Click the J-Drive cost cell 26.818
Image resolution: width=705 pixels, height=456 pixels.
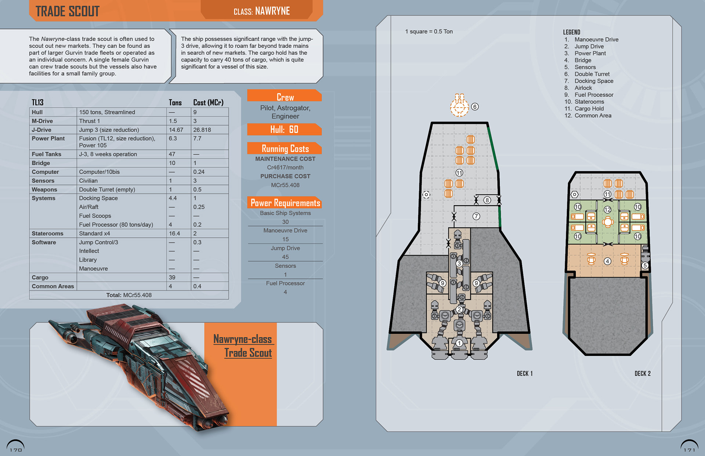[x=203, y=130]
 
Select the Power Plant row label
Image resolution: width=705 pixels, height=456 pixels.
[x=48, y=138]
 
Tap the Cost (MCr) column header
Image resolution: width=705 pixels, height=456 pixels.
[x=208, y=102]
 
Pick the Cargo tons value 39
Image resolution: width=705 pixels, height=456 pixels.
[x=172, y=278]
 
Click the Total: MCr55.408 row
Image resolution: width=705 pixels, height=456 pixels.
[x=129, y=295]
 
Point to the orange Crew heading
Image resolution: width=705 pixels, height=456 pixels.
[x=285, y=97]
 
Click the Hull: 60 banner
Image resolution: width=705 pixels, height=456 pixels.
[x=285, y=129]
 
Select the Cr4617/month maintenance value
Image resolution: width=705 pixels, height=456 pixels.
[x=285, y=167]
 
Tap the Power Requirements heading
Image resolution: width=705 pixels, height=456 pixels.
[x=285, y=203]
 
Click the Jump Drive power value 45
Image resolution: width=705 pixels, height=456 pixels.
[x=285, y=257]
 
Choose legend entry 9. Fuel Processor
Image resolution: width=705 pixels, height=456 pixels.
[x=589, y=95]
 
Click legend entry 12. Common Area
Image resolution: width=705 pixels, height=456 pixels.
[x=588, y=116]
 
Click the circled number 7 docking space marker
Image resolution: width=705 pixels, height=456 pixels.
[x=476, y=216]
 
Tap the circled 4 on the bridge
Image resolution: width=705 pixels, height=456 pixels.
[x=608, y=261]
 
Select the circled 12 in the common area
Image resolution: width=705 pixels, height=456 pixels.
[x=608, y=210]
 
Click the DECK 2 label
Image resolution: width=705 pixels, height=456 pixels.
[x=643, y=373]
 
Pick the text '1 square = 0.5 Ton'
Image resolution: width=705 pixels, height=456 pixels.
[x=429, y=32]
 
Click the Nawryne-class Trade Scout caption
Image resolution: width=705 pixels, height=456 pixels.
[x=243, y=346]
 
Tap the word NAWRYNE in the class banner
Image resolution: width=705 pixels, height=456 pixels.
[x=272, y=11]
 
